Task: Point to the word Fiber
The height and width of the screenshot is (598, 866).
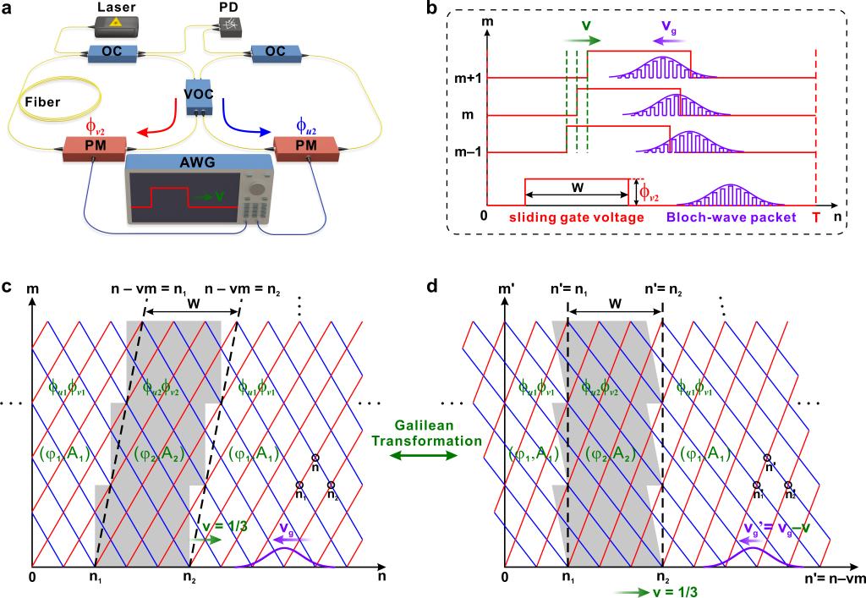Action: click(40, 99)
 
